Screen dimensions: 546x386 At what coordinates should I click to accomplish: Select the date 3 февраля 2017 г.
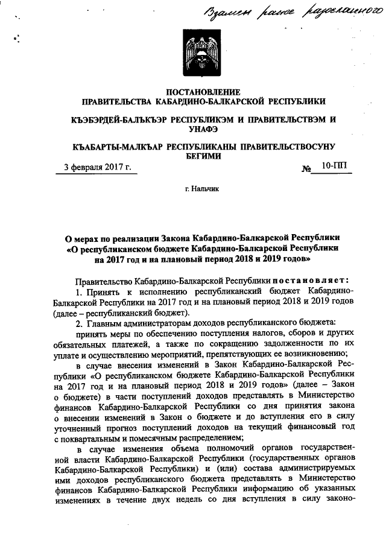[x=98, y=167]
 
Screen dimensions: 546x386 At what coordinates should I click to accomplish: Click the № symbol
[x=306, y=168]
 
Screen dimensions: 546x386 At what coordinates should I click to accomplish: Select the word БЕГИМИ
[x=203, y=156]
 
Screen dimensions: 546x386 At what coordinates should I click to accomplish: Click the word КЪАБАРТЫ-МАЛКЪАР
[x=113, y=147]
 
